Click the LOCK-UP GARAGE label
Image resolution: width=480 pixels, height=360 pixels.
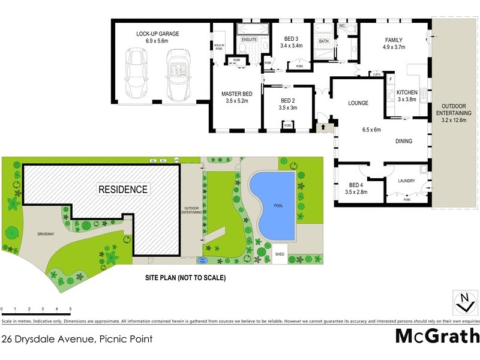point(157,34)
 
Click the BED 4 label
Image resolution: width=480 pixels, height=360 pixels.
point(356,185)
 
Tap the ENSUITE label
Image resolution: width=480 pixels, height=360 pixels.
point(249,40)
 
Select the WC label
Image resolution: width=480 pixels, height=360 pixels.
point(342,27)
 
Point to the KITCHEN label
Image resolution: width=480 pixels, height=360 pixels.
point(407,92)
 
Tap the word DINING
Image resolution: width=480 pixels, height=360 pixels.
point(407,142)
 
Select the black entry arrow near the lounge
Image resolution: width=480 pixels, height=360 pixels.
point(325,127)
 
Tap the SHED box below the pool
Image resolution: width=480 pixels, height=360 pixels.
point(280,253)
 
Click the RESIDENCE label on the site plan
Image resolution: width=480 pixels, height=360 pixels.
point(123,190)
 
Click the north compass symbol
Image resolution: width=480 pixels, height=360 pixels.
point(464,302)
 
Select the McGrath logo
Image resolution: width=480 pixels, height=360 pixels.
point(437,337)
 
